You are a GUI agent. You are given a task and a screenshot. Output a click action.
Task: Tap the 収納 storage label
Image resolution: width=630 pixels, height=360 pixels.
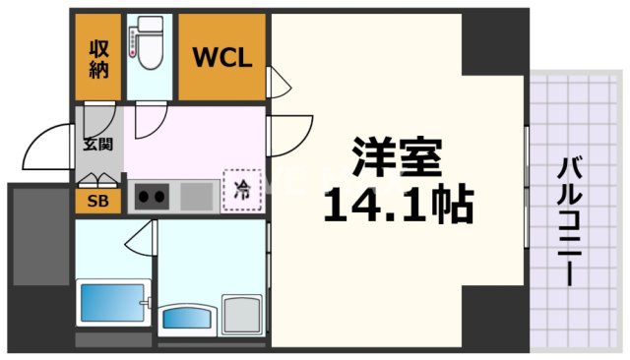99,57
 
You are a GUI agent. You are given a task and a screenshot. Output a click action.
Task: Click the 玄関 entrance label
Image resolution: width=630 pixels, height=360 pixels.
97,144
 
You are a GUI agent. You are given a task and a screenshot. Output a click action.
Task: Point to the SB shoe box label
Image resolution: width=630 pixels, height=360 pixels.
98,202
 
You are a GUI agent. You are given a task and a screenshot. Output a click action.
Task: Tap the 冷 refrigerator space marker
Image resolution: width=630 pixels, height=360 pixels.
241,191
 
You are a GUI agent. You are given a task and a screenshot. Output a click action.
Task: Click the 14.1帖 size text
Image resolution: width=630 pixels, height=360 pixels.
399,205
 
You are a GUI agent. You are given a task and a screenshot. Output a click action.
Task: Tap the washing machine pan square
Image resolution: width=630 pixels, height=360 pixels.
242,315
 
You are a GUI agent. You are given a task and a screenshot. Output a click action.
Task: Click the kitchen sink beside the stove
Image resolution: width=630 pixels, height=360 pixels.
198,196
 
